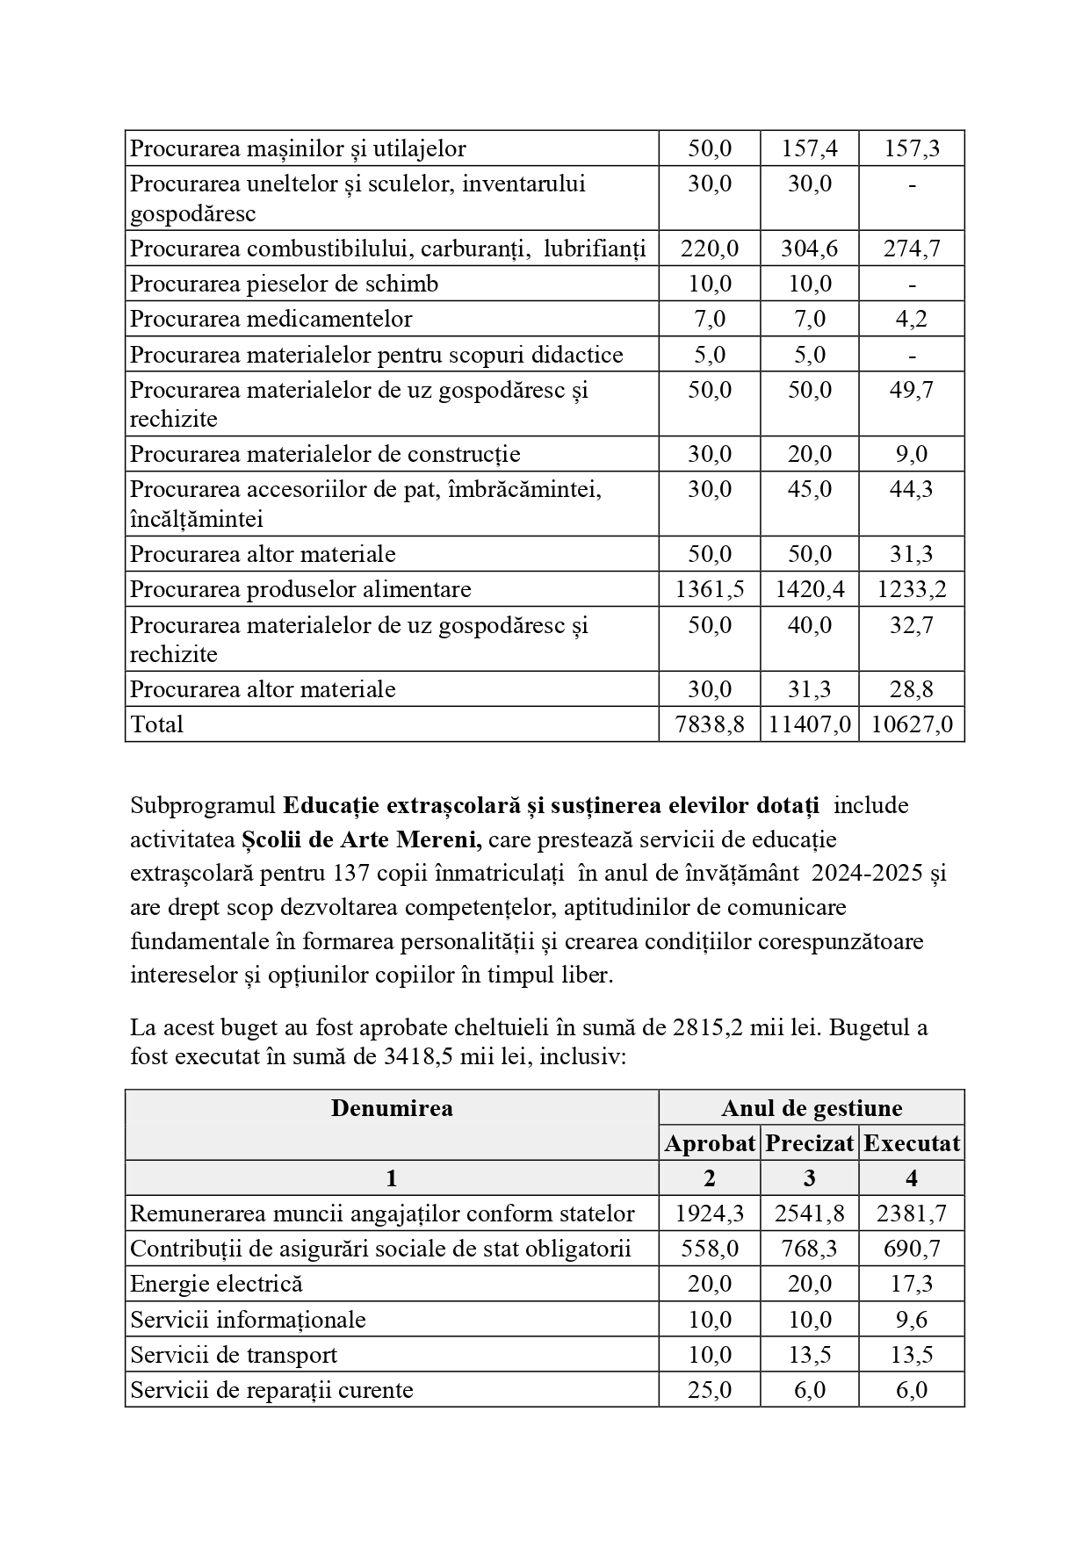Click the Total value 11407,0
809,724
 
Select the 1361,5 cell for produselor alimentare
710,589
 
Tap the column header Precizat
809,1143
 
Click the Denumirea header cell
392,1108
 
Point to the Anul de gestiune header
812,1108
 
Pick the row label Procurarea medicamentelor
271,319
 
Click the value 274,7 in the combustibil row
912,248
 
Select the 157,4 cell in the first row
809,148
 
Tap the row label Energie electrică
217,1284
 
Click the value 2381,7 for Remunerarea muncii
912,1213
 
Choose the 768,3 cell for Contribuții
809,1249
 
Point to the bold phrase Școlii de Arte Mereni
362,839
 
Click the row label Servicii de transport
234,1355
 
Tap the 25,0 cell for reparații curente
710,1390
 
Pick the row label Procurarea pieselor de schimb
285,284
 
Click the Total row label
157,724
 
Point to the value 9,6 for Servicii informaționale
912,1320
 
